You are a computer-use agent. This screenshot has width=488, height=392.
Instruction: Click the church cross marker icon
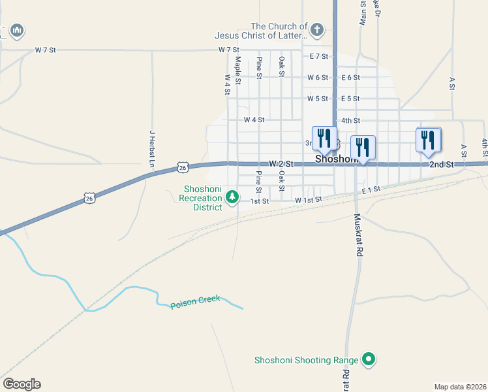click(x=316, y=29)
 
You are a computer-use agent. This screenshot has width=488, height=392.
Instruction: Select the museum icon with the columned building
click(x=17, y=30)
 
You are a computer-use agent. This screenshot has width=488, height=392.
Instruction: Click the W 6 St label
click(x=318, y=78)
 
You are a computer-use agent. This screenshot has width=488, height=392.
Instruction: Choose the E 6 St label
click(x=350, y=78)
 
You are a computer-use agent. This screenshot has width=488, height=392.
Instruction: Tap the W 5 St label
click(x=318, y=99)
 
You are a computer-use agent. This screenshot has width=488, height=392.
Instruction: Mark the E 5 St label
click(x=350, y=99)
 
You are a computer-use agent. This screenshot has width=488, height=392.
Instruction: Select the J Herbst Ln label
click(x=152, y=148)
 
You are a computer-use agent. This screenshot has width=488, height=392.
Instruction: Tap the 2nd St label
click(x=441, y=165)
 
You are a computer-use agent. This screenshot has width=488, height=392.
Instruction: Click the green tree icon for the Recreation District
click(x=231, y=197)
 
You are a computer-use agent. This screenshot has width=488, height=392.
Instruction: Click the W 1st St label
click(x=309, y=200)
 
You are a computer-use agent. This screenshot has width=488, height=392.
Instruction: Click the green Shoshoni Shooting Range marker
click(x=369, y=358)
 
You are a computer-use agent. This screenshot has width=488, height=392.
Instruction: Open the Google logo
click(x=22, y=384)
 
